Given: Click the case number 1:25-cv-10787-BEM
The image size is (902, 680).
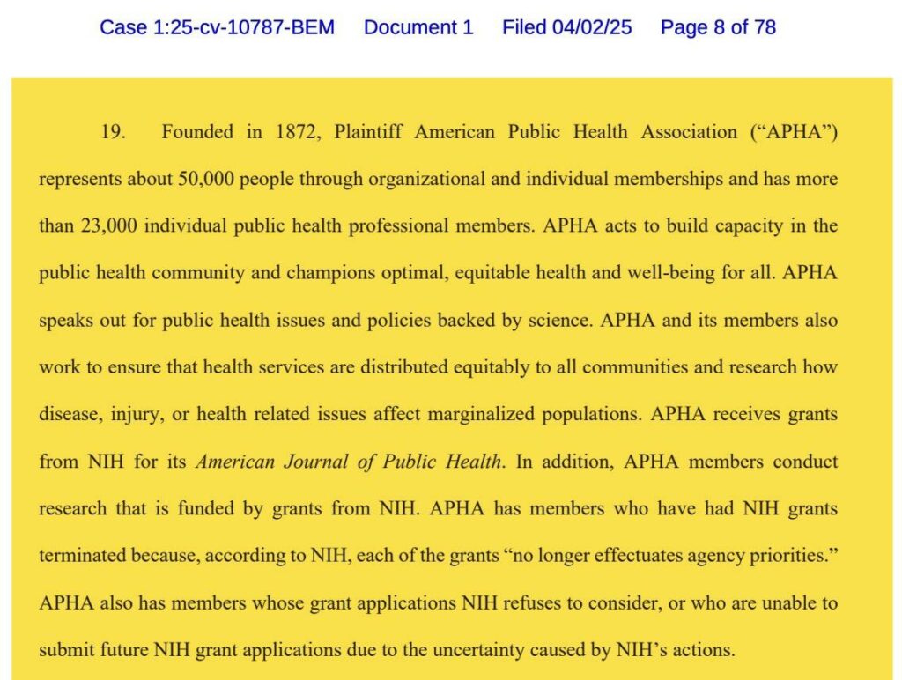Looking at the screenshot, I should tap(217, 27).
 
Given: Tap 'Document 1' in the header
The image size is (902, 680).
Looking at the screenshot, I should tap(418, 27).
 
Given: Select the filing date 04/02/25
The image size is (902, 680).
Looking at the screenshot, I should tap(592, 27).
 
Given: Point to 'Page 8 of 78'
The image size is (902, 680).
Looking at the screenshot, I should tap(718, 27).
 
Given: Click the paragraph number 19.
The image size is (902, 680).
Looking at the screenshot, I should tap(114, 132).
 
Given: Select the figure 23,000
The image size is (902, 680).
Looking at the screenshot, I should tap(100, 226).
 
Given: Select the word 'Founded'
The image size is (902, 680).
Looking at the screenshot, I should tap(197, 132).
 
